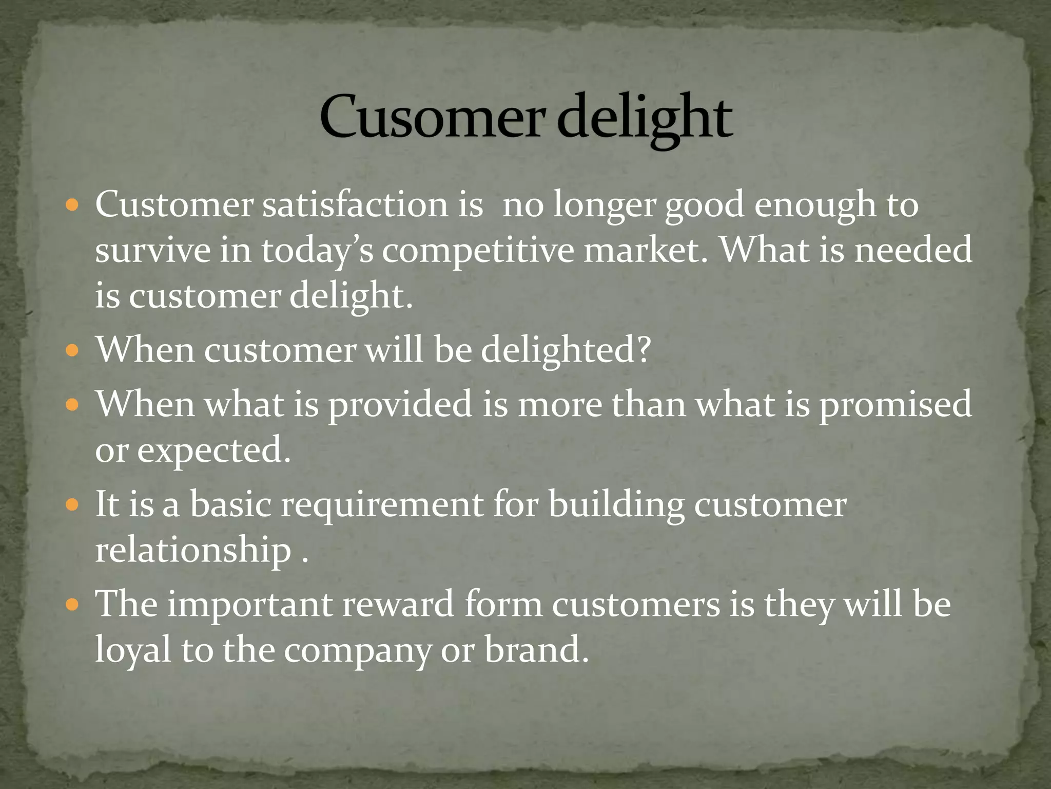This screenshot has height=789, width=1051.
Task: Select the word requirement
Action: coord(382,504)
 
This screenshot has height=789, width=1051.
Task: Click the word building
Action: coord(616,504)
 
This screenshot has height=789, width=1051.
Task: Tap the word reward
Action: coord(398,604)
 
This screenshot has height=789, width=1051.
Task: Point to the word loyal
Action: coord(133,650)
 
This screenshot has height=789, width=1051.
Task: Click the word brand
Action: coord(536,649)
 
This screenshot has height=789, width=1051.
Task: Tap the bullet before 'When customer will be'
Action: coord(72,351)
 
